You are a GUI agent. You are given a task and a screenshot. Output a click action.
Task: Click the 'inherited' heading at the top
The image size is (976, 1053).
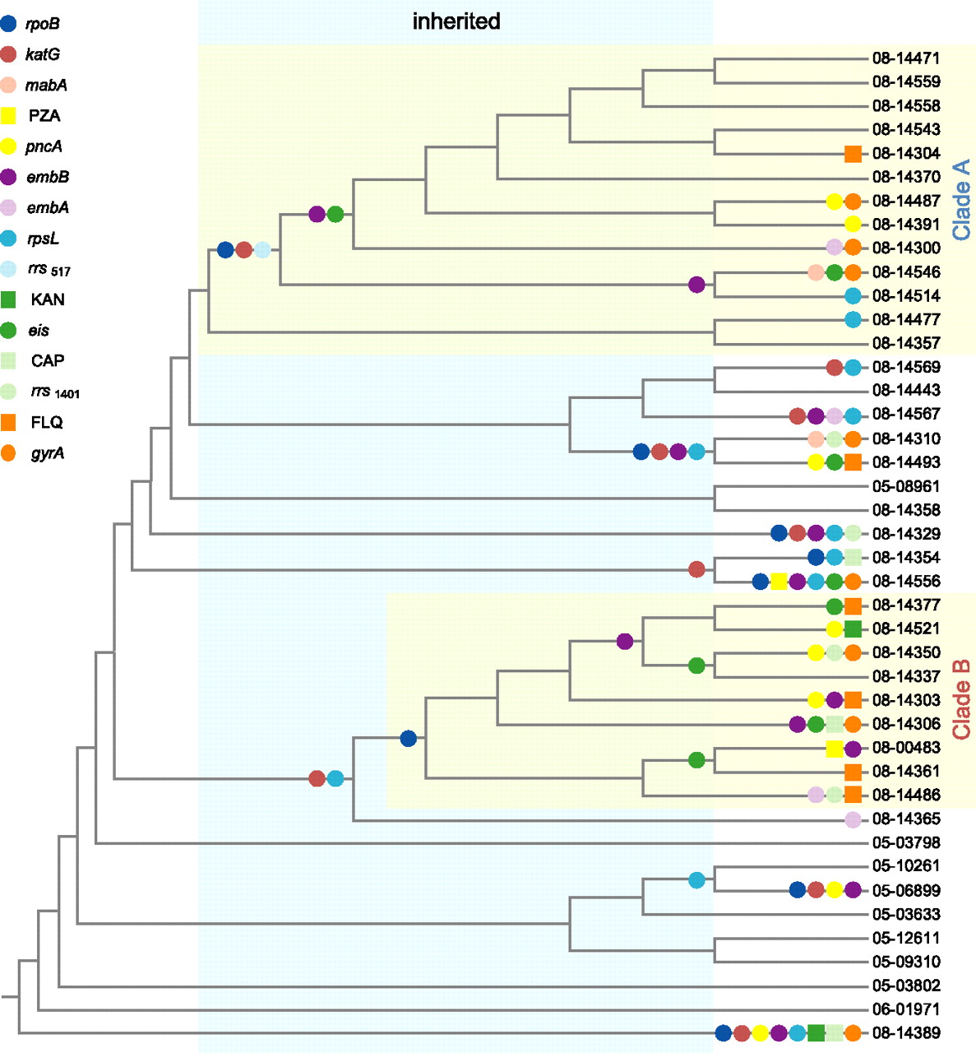coord(456,21)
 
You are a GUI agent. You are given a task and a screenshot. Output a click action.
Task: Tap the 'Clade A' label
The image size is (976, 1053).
coord(961,200)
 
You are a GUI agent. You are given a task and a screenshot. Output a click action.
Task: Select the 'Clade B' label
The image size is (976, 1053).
coord(961,699)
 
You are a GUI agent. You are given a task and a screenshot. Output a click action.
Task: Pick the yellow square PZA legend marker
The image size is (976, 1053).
coord(8,116)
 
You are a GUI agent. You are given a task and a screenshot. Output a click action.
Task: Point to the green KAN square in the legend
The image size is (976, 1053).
coord(8,299)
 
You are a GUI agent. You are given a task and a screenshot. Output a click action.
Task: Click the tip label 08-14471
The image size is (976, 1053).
coord(906,58)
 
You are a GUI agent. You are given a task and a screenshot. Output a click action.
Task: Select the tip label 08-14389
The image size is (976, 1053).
coord(906,1033)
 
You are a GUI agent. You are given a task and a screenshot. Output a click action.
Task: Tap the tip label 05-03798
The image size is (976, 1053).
coord(906,842)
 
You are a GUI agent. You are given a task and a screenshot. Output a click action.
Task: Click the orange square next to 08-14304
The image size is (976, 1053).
coord(853,153)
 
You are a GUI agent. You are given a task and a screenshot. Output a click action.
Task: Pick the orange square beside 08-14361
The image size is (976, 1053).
coord(853,772)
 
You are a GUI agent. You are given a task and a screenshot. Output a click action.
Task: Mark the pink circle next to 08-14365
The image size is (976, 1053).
coord(853,819)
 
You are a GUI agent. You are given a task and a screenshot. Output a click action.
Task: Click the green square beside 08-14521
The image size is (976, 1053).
coord(853,629)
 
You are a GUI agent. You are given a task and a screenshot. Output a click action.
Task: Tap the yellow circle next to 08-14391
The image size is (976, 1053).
coord(853,224)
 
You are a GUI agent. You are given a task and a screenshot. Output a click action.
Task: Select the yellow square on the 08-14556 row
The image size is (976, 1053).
coord(779,582)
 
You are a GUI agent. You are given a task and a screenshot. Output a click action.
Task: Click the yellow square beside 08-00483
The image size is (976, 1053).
coord(834,749)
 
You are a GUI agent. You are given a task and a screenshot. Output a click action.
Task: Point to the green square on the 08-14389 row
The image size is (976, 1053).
coord(816,1033)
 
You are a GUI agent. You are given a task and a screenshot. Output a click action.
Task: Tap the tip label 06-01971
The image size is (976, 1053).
coord(906,1009)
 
